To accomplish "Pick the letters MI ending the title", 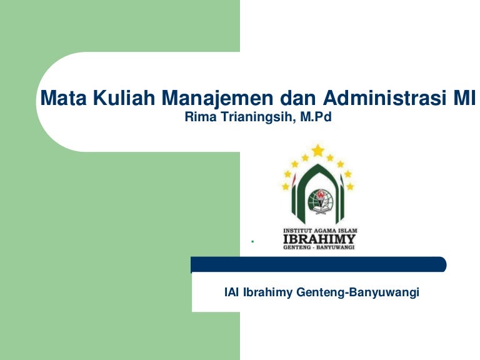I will (x=464, y=99).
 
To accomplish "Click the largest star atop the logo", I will (x=318, y=150).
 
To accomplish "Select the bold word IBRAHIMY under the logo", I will (x=319, y=238).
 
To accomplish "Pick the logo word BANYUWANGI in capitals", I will (x=334, y=247).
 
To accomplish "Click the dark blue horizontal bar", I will (x=319, y=264).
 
